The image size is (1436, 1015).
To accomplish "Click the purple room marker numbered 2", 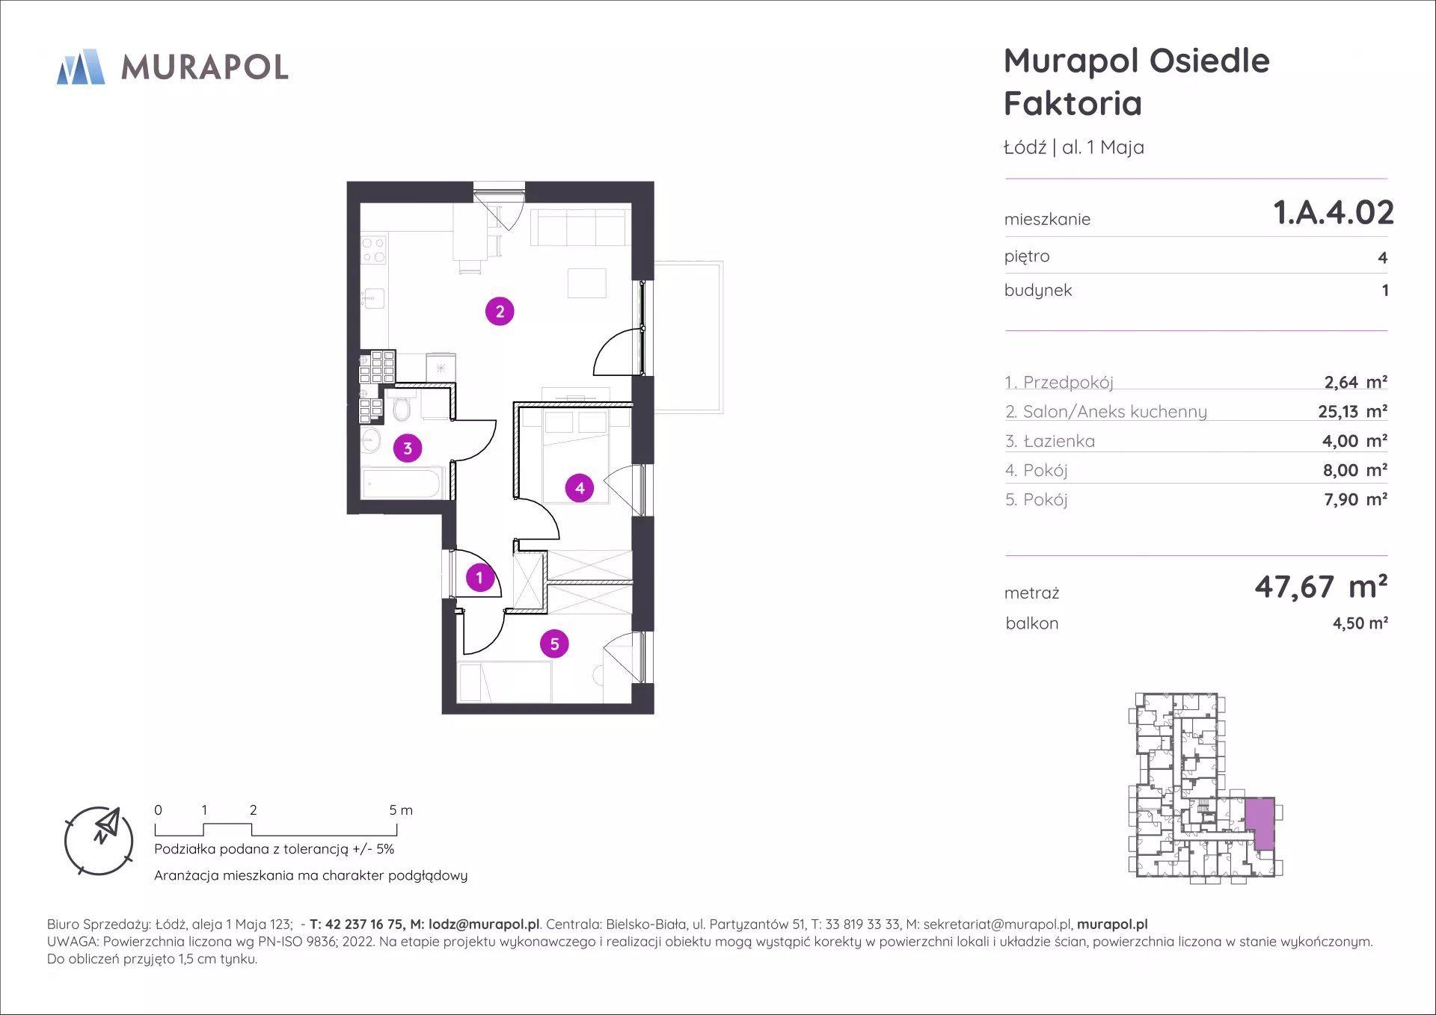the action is click(x=500, y=311).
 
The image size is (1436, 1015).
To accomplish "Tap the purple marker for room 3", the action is click(x=408, y=448).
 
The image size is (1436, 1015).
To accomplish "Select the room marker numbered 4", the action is click(x=580, y=488).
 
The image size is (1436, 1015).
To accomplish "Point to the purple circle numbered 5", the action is click(x=554, y=644).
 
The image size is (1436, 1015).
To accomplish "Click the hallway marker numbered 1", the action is click(x=479, y=578).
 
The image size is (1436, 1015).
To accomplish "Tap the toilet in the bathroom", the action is click(x=402, y=407).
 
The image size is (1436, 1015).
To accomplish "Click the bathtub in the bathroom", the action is click(x=402, y=483).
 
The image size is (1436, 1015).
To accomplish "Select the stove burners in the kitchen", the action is click(x=373, y=249).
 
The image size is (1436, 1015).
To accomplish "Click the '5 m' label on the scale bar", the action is click(x=401, y=810).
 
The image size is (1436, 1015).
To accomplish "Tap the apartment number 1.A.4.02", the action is click(x=1334, y=212).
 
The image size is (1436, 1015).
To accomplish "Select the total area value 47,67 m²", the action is click(x=1321, y=587).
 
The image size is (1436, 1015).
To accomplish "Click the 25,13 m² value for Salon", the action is click(x=1352, y=411).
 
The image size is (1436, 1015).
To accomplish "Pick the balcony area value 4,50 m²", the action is click(x=1360, y=623).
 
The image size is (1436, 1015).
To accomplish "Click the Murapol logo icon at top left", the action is click(x=81, y=67).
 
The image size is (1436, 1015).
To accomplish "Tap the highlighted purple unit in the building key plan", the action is click(x=1259, y=824).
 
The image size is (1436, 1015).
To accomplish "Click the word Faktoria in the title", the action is click(x=1073, y=103).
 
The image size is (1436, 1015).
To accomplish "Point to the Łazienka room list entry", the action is click(x=1050, y=441).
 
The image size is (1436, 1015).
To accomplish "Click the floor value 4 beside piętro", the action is click(x=1382, y=258).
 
